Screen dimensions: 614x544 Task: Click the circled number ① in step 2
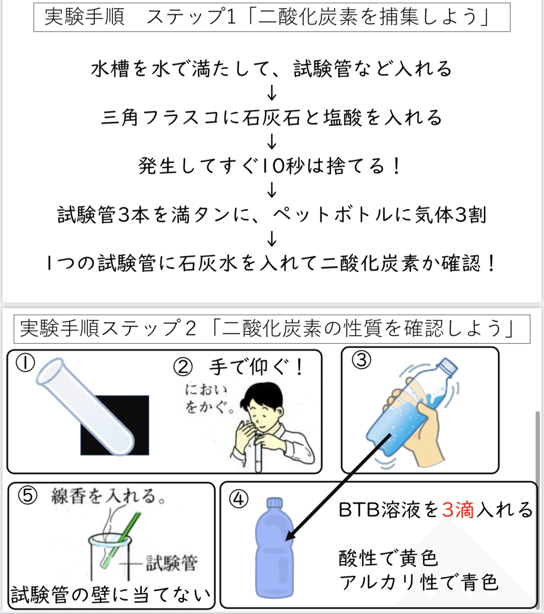pyautogui.click(x=25, y=363)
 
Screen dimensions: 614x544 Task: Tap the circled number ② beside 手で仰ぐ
pyautogui.click(x=183, y=367)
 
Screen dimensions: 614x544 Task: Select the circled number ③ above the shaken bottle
pyautogui.click(x=361, y=360)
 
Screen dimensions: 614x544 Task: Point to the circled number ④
pyautogui.click(x=239, y=499)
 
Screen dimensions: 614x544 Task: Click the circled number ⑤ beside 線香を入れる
pyautogui.click(x=27, y=495)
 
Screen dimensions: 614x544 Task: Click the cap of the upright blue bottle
pyautogui.click(x=274, y=503)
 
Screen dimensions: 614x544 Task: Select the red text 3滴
pyautogui.click(x=458, y=510)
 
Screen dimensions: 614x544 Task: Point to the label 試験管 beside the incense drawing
pyautogui.click(x=172, y=563)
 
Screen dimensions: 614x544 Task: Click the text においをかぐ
pyautogui.click(x=207, y=398)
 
